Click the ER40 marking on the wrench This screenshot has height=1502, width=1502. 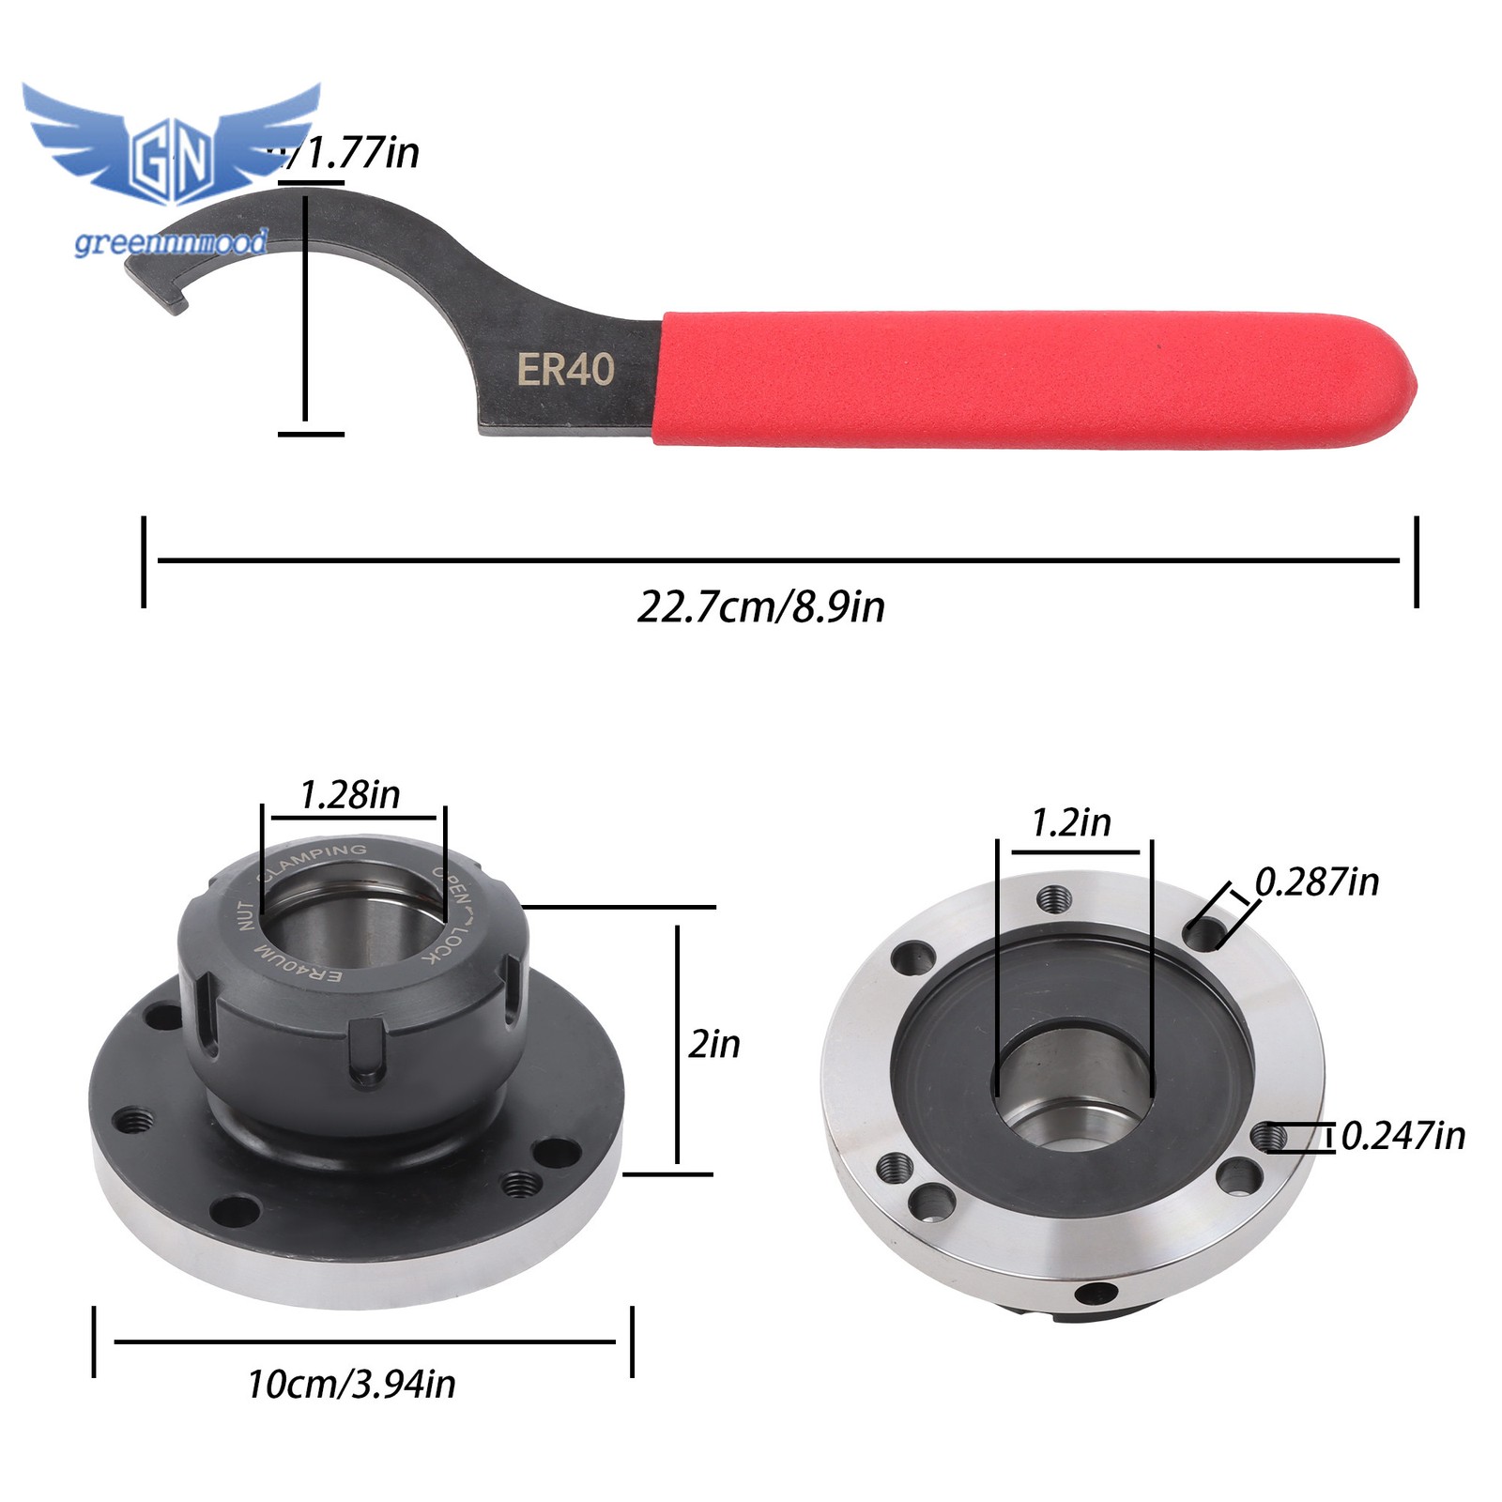pos(565,370)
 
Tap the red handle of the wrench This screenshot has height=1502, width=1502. pos(1033,379)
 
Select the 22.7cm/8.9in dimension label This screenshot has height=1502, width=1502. pos(760,607)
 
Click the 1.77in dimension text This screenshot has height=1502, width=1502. pos(361,153)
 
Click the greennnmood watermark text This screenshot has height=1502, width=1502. pos(171,243)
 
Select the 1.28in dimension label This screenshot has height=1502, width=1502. pos(349,795)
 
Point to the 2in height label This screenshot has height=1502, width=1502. pos(713,1044)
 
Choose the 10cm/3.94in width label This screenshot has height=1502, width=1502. pos(351,1385)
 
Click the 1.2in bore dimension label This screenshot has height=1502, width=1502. pos(1070,823)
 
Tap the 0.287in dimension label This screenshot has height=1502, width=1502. pos(1317,882)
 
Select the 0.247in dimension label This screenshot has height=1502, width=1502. pos(1402,1136)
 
